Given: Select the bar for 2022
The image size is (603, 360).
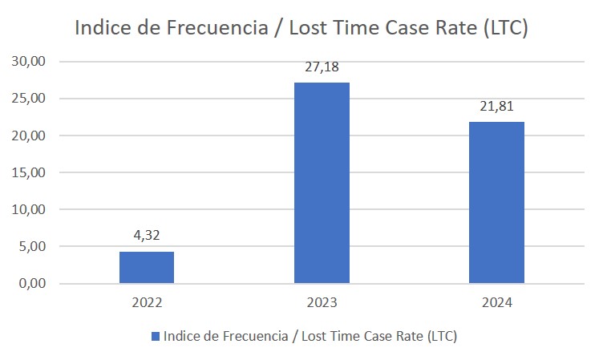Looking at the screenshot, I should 147,267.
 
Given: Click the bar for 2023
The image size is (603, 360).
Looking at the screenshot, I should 322,183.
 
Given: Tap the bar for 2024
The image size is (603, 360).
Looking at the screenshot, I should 496,202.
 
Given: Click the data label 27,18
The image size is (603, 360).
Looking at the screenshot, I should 322,67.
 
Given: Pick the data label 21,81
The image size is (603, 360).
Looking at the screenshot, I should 496,107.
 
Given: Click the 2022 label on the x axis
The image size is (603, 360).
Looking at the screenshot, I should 147,303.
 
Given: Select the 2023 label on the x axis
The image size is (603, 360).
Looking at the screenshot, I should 322,303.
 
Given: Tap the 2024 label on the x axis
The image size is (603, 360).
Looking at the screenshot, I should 496,303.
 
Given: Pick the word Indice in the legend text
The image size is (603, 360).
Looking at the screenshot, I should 181,336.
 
